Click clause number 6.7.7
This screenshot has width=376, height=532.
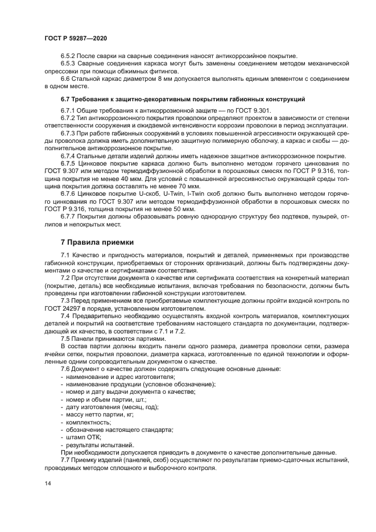coord(70,217)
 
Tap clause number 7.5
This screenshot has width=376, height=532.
coord(67,339)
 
